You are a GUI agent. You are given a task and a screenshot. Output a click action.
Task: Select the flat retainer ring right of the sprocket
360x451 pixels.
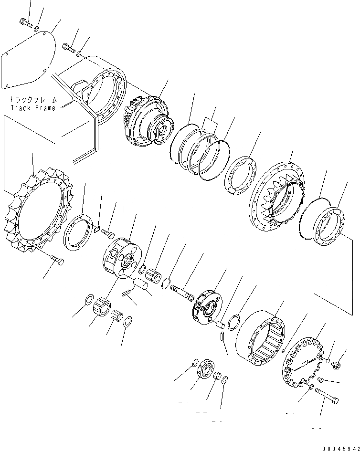pos(78,233)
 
